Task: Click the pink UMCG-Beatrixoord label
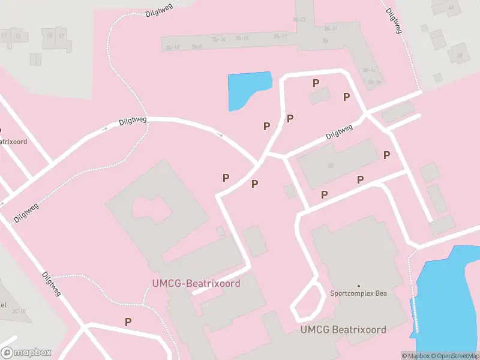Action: [x=197, y=283]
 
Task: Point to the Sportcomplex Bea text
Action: [x=358, y=293]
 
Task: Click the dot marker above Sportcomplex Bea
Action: [x=359, y=286]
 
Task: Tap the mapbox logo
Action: [x=27, y=353]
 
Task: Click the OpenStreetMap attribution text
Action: [x=456, y=356]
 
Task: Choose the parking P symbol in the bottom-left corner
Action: [x=128, y=322]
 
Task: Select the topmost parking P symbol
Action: [x=316, y=83]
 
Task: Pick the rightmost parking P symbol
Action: [x=387, y=155]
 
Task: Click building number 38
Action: [x=460, y=56]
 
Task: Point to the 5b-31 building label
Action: [x=331, y=28]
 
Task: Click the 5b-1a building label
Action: [x=374, y=82]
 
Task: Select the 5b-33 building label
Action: [x=299, y=19]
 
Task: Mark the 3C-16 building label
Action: [x=19, y=311]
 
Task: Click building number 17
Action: [x=61, y=35]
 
